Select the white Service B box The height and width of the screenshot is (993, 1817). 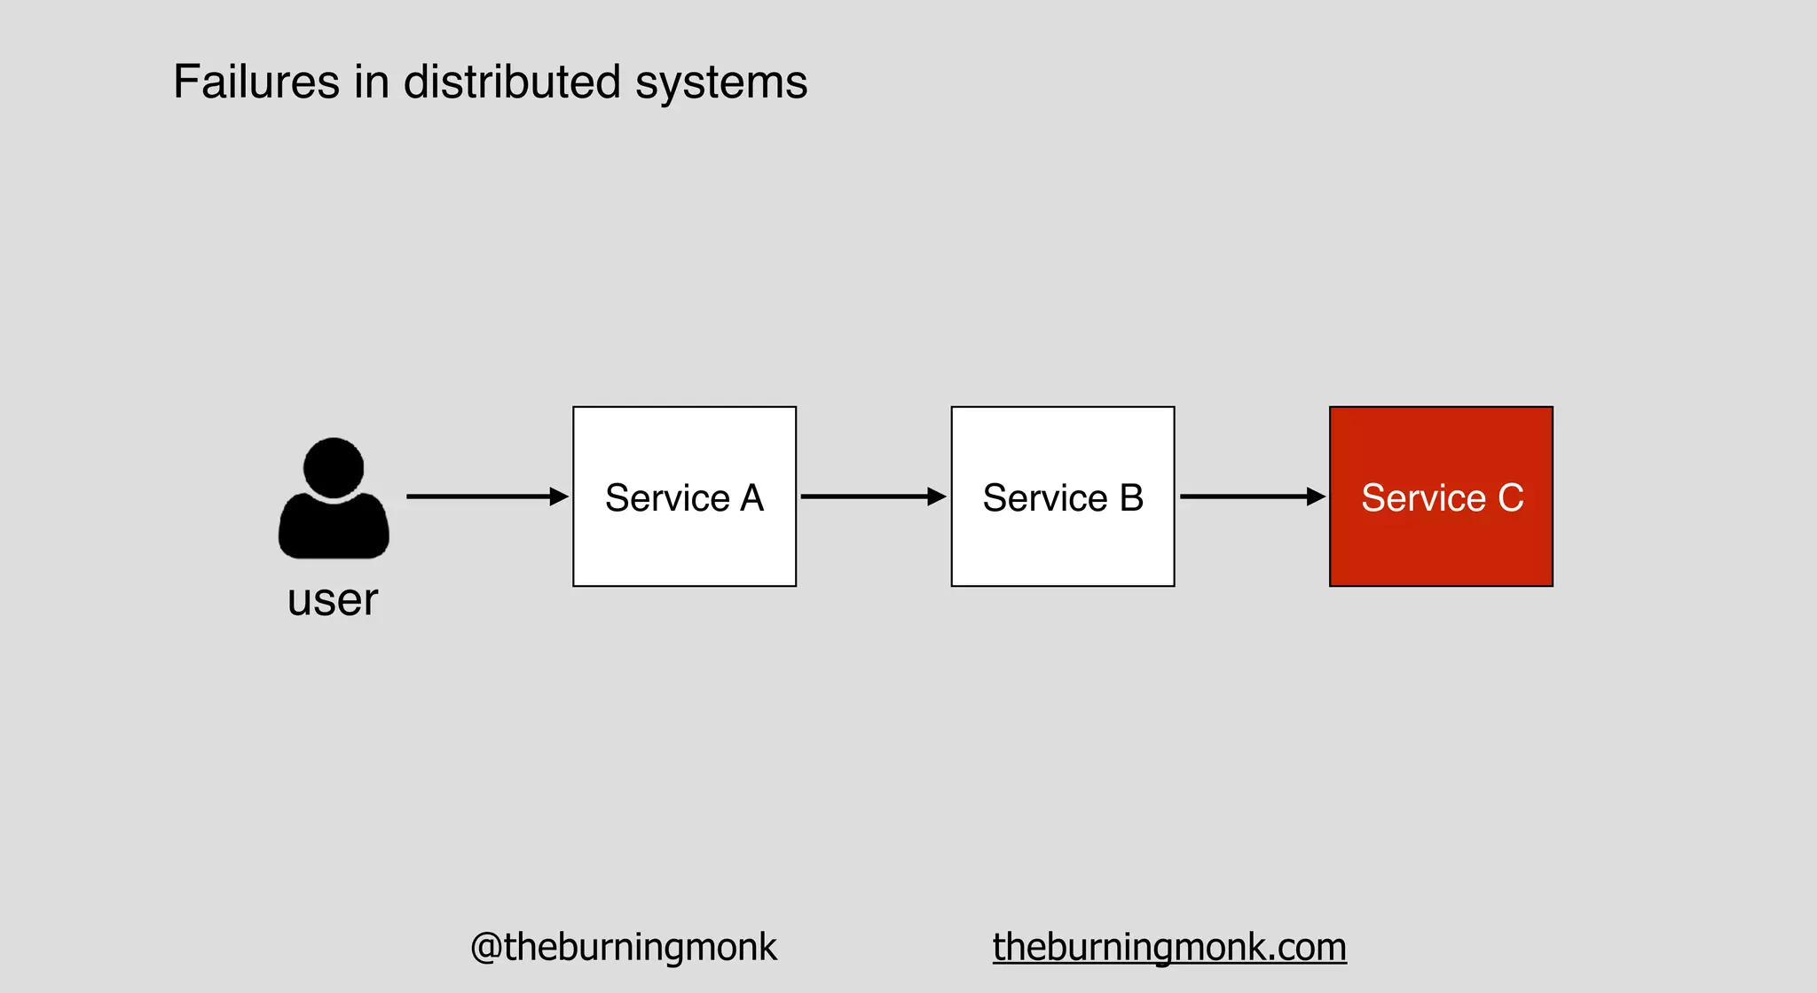pos(1062,541)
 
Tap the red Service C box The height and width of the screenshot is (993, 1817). pos(1441,541)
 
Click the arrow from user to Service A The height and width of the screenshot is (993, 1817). pos(479,496)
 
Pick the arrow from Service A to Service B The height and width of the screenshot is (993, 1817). pos(865,496)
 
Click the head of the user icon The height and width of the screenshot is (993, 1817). pos(334,466)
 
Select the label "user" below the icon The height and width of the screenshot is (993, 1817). pos(333,600)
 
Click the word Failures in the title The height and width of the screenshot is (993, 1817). pos(256,82)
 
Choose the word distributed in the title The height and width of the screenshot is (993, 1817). pos(512,82)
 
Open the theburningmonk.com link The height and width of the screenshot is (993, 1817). pos(1169,947)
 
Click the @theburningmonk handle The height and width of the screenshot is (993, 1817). pos(623,947)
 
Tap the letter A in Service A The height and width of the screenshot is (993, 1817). pos(752,498)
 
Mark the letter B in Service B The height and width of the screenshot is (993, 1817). pos(1131,498)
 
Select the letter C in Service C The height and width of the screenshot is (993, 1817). pos(1511,498)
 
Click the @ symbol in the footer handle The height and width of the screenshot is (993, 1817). pos(486,947)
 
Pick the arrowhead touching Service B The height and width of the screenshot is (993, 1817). pos(937,496)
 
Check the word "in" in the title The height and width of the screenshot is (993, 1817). pos(372,82)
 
